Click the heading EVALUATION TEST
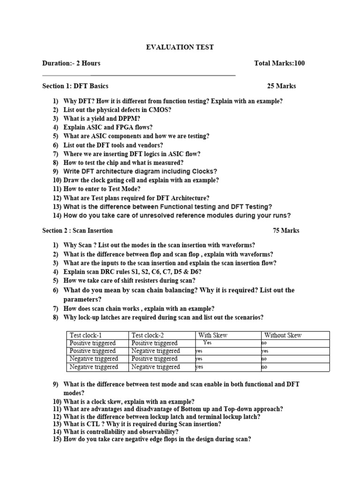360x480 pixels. [180, 47]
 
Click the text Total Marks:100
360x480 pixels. [279, 63]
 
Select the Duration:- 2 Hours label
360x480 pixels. [71, 63]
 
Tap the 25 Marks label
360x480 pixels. [281, 86]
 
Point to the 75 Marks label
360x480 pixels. [286, 231]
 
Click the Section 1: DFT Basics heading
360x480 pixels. [75, 86]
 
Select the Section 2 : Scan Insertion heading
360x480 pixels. [77, 231]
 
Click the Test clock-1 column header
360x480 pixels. [86, 335]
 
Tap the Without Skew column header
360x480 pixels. [283, 335]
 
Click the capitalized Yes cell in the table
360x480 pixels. [208, 343]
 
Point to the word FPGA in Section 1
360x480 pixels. [125, 127]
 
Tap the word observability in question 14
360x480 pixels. [156, 432]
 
